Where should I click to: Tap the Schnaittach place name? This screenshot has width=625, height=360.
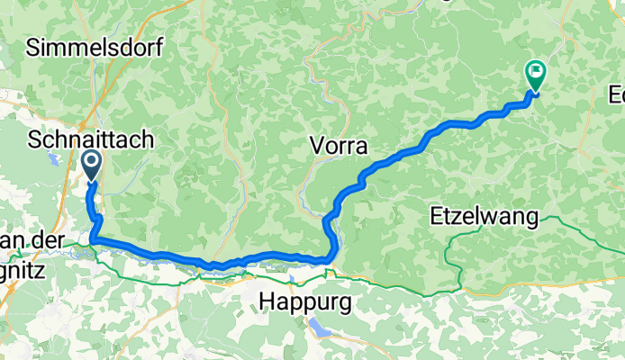(x=91, y=140)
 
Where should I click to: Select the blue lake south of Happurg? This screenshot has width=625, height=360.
(x=320, y=328)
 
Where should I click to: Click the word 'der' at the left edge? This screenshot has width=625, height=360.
(x=40, y=241)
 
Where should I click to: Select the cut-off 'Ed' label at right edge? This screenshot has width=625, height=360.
(x=617, y=94)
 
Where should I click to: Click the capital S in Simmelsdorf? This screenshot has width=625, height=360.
(x=33, y=49)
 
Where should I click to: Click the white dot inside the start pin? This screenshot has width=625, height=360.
(x=92, y=162)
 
